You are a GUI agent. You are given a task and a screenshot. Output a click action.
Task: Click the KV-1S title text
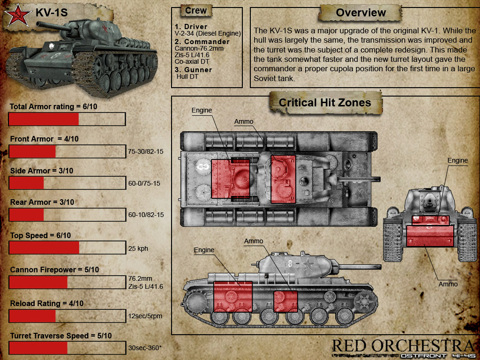52,13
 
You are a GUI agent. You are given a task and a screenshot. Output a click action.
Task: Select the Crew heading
196,11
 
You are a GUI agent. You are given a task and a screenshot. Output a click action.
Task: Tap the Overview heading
360,13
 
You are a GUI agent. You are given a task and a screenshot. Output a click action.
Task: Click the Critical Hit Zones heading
325,103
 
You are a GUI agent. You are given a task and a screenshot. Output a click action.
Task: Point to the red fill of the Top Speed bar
44,247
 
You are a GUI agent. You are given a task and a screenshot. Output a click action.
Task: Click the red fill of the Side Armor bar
27,183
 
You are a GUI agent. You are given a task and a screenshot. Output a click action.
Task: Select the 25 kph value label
138,248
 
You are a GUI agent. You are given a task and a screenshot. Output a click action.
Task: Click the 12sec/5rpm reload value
145,316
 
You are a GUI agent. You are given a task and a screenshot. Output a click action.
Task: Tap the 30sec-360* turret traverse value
145,348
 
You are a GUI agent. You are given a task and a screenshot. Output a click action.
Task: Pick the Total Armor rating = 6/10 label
53,106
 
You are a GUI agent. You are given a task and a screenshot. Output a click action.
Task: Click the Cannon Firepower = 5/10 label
54,270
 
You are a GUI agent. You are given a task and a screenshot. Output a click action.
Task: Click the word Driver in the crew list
195,27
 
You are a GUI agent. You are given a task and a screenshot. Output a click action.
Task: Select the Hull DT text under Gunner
187,76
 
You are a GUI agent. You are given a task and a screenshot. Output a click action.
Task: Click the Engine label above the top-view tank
202,110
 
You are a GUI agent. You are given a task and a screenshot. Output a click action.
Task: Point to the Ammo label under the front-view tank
448,284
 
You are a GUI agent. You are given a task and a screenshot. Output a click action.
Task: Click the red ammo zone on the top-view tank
283,179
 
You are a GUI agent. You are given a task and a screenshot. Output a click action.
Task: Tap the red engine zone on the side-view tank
233,297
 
